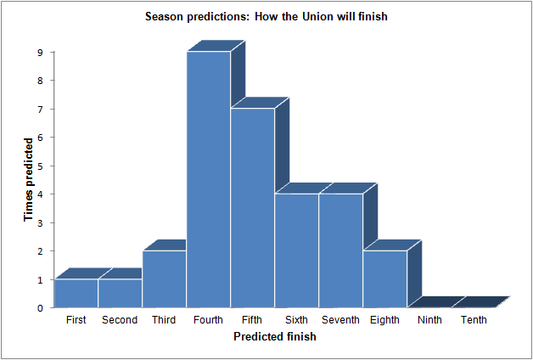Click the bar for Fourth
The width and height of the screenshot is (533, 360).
(209, 179)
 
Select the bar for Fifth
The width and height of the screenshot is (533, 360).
(253, 208)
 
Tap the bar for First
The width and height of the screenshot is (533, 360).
(76, 294)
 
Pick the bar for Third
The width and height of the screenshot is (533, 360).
(164, 279)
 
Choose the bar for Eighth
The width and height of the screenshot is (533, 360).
(384, 279)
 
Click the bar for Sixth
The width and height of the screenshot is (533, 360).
(296, 250)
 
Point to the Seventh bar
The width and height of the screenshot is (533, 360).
(340, 250)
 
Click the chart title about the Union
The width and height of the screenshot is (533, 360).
(266, 16)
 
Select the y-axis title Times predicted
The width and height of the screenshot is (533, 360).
(29, 179)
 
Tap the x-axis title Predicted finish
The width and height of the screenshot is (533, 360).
(275, 336)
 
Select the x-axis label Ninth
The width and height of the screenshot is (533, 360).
(429, 320)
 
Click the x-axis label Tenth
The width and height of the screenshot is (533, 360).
(474, 320)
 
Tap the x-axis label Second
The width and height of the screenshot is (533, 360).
(120, 320)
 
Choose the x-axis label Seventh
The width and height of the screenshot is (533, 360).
(340, 320)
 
